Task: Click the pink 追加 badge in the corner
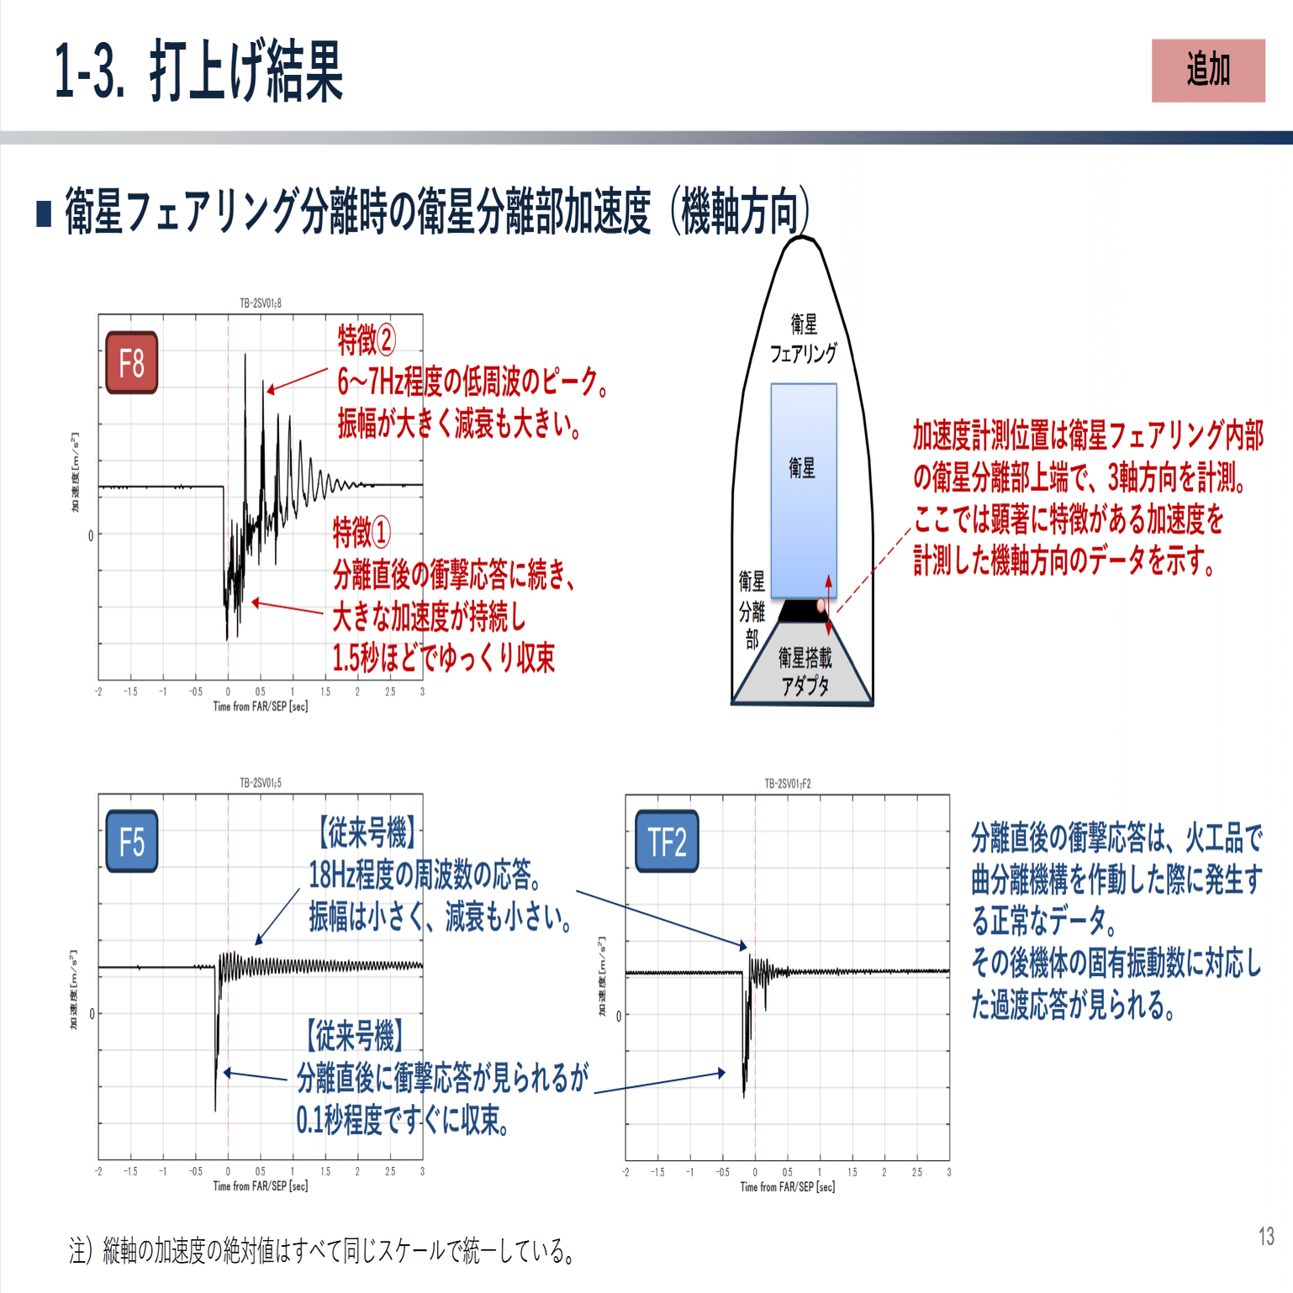1207,71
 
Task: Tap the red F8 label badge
132,363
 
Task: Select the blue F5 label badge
132,842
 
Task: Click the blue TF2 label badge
667,842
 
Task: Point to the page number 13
1266,1237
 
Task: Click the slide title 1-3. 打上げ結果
198,72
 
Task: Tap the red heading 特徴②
367,340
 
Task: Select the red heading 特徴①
362,532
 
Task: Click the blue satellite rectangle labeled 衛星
804,489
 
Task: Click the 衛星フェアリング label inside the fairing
804,339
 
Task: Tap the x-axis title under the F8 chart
261,707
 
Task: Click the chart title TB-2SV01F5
261,783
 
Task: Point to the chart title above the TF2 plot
788,784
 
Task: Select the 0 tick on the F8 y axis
91,536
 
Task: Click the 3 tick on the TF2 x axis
949,1172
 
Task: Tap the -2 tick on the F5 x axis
98,1171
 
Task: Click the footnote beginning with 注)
323,1252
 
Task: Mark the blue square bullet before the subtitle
45,214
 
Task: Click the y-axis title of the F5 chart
74,990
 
